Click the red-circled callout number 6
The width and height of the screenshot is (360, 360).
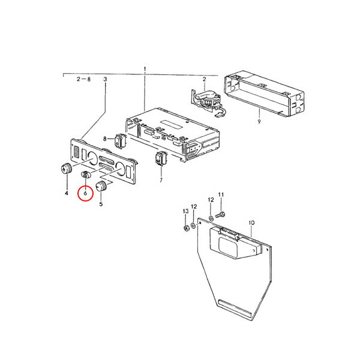click(x=85, y=193)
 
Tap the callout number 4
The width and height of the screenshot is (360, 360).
click(x=67, y=193)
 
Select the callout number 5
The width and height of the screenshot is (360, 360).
click(x=101, y=203)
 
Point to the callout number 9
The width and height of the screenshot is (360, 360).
click(x=259, y=121)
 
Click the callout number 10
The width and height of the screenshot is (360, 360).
click(x=251, y=223)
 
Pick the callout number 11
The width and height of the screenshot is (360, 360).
click(x=221, y=194)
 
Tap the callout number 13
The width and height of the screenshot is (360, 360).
click(x=185, y=211)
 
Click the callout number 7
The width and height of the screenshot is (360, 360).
click(x=161, y=180)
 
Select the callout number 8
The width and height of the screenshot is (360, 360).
click(x=105, y=139)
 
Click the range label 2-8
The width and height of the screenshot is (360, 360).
click(x=84, y=79)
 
